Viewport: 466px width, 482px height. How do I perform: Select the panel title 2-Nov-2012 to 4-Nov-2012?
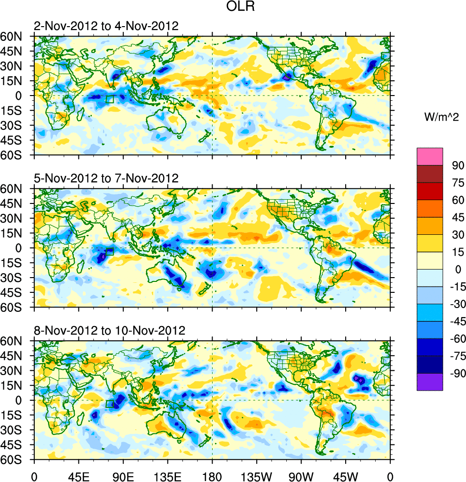(106, 26)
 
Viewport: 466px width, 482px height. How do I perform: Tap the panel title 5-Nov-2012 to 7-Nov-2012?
(106, 178)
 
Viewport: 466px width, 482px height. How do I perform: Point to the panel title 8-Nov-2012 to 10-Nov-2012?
(109, 330)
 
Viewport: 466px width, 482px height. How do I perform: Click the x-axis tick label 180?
(212, 475)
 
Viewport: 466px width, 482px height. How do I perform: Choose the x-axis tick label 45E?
(78, 475)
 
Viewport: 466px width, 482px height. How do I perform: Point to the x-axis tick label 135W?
(256, 475)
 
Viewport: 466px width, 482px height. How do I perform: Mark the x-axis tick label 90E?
(123, 475)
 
